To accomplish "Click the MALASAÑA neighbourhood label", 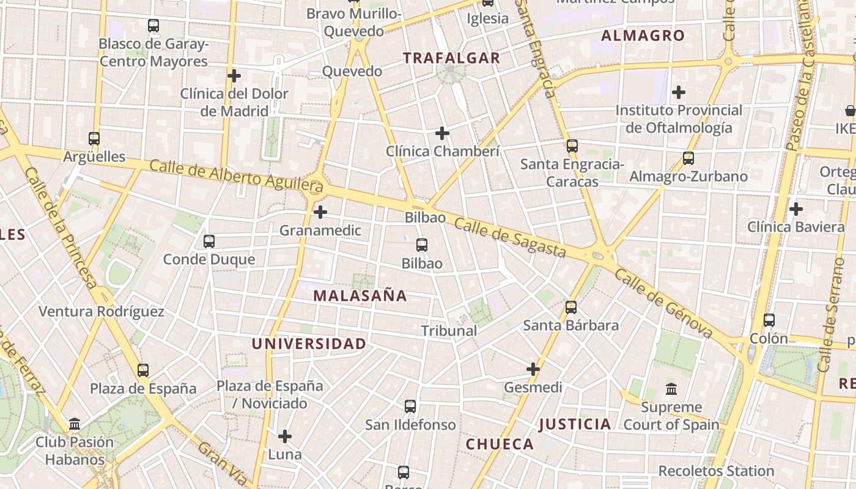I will point(360,296).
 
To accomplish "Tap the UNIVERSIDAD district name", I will point(309,344).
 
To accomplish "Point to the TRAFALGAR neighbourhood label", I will point(452,58).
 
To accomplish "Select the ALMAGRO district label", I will point(643,35).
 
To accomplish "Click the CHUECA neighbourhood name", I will point(500,444).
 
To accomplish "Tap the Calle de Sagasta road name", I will point(510,238).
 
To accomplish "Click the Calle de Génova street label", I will point(664,303).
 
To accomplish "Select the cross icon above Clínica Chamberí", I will point(442,133).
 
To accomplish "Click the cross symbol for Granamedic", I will point(320,212).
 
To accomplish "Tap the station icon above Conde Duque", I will point(209,241).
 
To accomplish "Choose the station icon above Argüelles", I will point(94,139).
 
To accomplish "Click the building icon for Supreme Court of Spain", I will point(671,389).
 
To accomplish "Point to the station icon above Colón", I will point(769,320).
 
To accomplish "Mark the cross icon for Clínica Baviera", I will point(795,209).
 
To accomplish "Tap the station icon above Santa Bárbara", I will point(571,307).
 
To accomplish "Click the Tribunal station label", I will point(449,331).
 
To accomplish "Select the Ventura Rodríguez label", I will point(101,312).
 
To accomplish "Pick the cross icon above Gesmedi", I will point(533,369).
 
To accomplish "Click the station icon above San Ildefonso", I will point(410,406).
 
